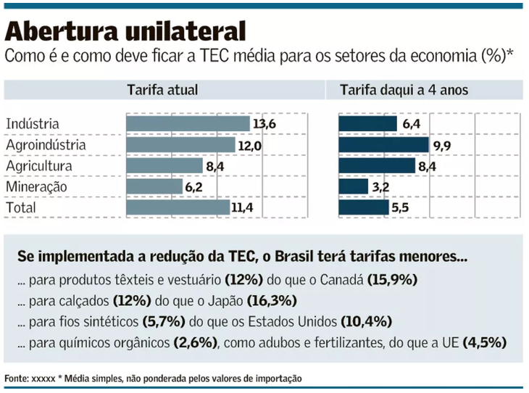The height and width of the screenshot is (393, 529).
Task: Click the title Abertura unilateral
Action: (x=126, y=30)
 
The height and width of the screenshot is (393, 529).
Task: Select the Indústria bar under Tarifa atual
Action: (x=188, y=124)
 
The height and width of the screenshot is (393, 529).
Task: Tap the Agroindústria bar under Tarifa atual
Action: (x=180, y=145)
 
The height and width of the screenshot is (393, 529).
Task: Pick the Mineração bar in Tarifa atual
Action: (x=154, y=186)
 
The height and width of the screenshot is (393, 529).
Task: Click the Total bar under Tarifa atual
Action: (x=178, y=207)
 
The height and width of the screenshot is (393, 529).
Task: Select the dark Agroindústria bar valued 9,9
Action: (x=383, y=145)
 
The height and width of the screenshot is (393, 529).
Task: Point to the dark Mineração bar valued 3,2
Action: (x=354, y=186)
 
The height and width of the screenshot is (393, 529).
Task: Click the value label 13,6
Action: (x=264, y=124)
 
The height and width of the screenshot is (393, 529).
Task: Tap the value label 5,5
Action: (x=401, y=207)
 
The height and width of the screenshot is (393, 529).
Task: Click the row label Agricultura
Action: (x=39, y=166)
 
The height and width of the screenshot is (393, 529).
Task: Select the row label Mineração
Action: (x=36, y=187)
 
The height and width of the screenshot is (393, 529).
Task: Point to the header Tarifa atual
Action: (x=162, y=91)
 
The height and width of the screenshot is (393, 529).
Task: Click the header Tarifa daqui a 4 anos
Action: (x=405, y=91)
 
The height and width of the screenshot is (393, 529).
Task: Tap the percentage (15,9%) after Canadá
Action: (x=393, y=279)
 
